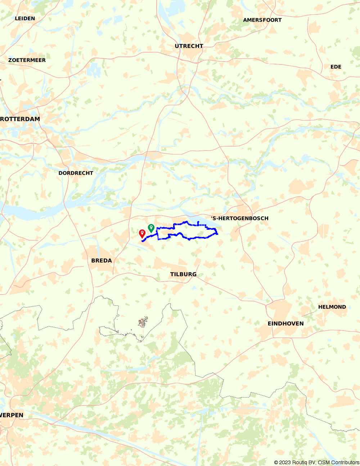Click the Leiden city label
(25, 18)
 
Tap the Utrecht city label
(189, 46)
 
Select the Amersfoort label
(262, 20)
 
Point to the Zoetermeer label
(27, 60)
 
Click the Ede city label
(336, 67)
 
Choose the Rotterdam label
(20, 119)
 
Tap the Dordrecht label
(76, 173)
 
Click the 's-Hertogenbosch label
(240, 218)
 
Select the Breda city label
(102, 260)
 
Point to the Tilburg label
(183, 274)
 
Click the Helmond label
(332, 307)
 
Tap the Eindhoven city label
(285, 323)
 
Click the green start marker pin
(151, 228)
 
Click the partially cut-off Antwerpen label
(12, 415)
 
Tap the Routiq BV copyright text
(316, 462)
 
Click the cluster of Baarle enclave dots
(143, 322)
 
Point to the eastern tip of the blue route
(217, 234)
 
